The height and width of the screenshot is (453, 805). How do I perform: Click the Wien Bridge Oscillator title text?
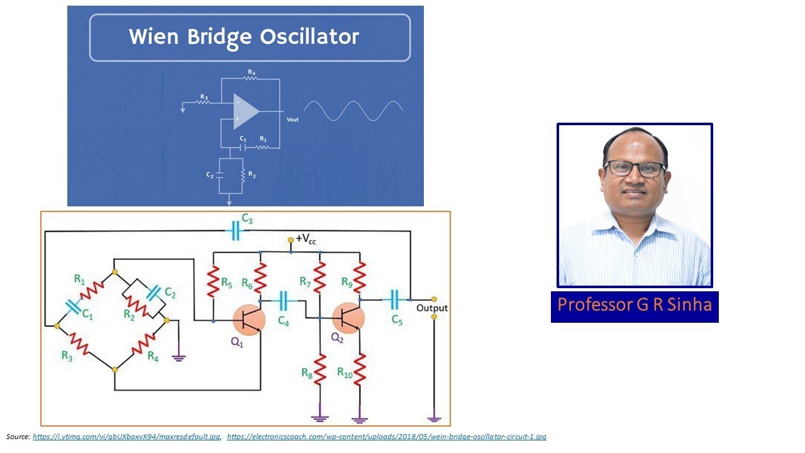[x=244, y=36]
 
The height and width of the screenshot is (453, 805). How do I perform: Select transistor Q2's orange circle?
[x=348, y=317]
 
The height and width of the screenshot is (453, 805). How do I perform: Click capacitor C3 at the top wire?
[x=236, y=232]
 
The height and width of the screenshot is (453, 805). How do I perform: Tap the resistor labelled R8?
[x=320, y=369]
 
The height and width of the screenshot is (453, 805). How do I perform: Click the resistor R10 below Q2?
[x=360, y=369]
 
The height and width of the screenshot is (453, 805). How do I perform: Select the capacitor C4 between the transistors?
[x=283, y=301]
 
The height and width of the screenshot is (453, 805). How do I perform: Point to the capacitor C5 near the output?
[x=395, y=299]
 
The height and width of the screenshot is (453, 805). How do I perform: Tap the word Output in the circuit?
[x=432, y=308]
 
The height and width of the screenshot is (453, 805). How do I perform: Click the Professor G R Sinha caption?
[x=635, y=305]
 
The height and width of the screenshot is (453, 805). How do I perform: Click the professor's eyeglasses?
[x=635, y=169]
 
